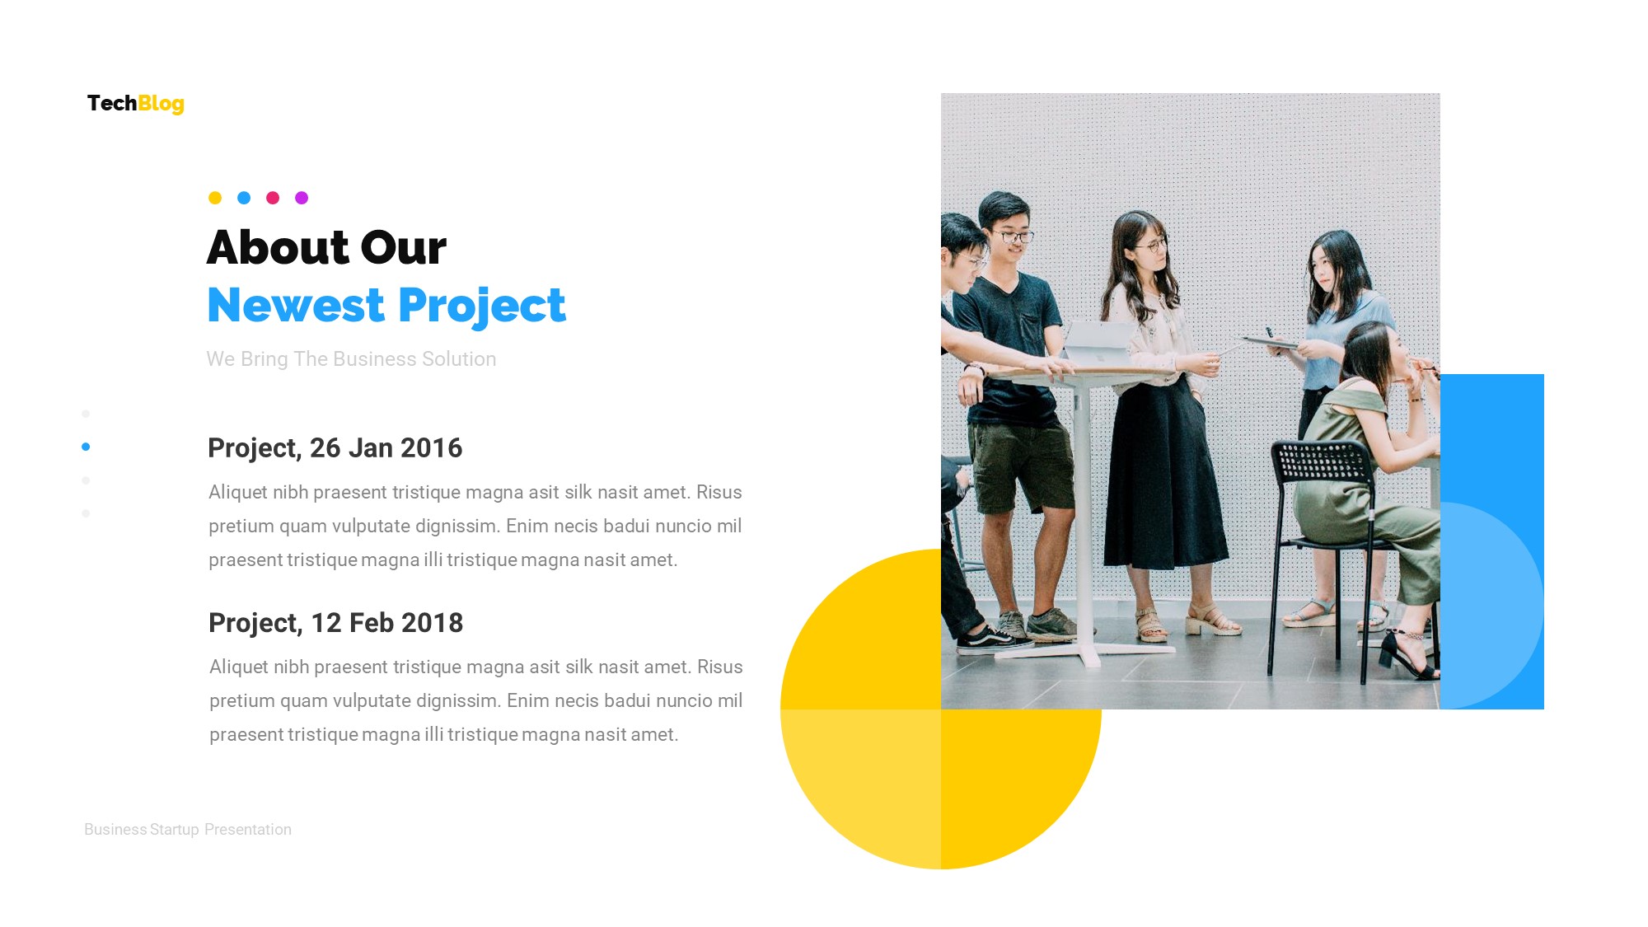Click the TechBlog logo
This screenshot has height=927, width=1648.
pos(136,103)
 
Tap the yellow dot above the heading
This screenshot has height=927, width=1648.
pos(215,198)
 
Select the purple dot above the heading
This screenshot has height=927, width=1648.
pos(302,198)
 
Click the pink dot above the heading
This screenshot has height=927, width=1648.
pos(273,198)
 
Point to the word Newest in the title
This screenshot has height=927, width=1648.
pos(296,306)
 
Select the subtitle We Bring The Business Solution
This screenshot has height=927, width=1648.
pos(351,359)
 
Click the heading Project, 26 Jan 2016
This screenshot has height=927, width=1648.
pos(335,448)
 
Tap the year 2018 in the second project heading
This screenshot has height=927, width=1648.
pos(432,623)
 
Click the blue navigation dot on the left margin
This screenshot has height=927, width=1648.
pos(86,447)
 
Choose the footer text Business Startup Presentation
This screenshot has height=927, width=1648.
pos(188,830)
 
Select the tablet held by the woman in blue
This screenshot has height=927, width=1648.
pos(1269,340)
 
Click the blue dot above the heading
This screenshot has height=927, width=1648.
pos(244,198)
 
